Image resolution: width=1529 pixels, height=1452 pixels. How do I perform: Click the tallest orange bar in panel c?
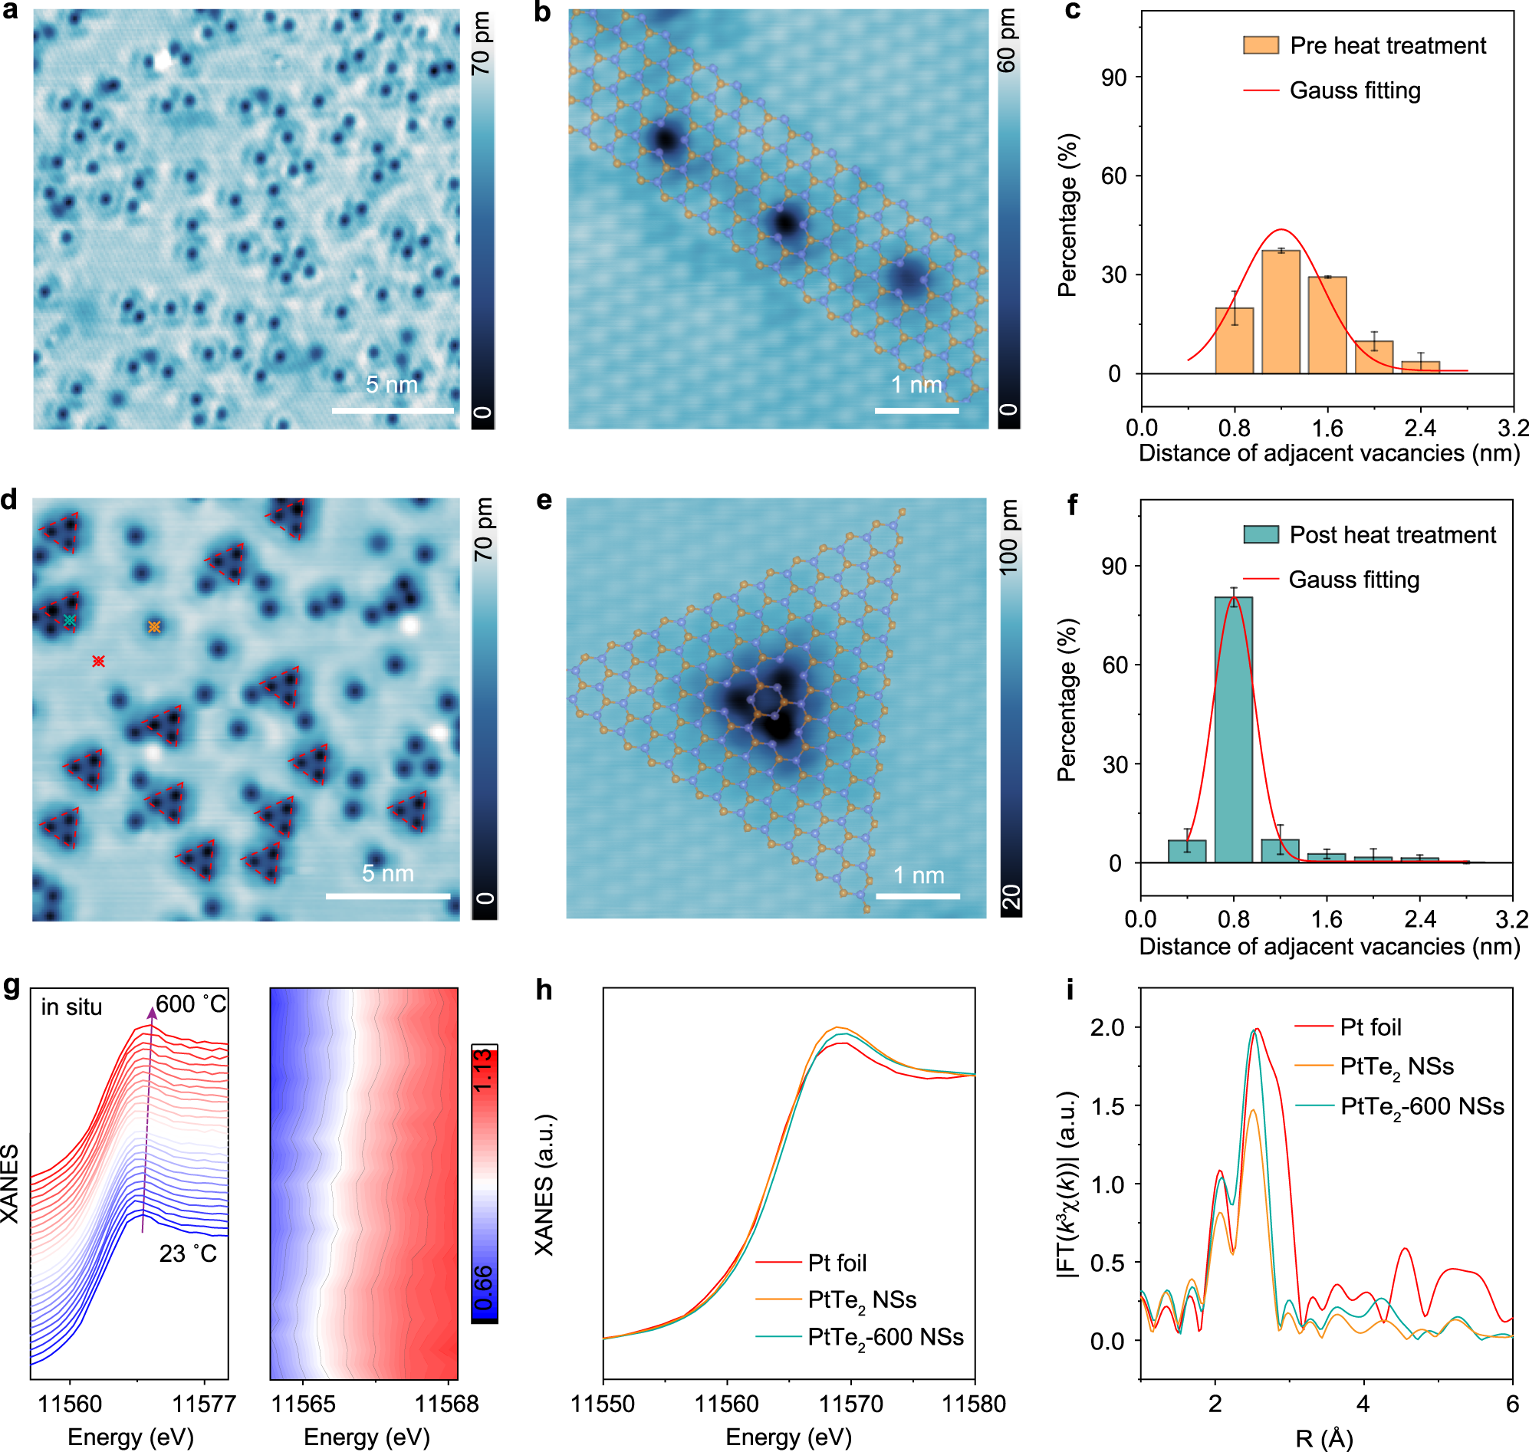1281,312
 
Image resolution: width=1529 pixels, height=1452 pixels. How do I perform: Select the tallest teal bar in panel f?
1233,729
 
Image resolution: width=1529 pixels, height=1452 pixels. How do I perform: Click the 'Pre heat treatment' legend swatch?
1261,45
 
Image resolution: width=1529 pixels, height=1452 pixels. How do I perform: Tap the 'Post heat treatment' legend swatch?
1261,534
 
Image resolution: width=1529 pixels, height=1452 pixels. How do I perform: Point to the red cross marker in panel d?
98,661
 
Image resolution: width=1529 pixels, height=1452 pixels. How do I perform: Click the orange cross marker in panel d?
154,627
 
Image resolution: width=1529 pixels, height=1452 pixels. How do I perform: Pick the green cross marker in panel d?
70,621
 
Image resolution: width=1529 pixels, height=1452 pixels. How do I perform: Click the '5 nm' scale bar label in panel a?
392,385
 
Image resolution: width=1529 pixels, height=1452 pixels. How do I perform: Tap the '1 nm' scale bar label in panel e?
918,875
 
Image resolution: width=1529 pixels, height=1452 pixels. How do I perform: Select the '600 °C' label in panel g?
191,1004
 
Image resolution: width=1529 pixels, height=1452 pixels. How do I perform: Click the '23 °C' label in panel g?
188,1253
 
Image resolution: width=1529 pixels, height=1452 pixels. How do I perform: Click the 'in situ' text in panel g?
71,1007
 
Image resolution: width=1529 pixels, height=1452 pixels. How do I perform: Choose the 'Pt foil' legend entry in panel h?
836,1263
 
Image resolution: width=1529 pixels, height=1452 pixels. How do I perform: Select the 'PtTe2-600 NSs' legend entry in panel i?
1422,1107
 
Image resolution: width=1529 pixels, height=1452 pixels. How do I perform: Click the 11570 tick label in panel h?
851,1404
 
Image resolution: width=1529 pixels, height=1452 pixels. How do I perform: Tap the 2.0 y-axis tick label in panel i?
1106,1027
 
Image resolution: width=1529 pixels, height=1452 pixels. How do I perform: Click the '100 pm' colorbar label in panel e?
1009,537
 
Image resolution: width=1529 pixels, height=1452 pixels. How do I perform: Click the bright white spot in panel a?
163,61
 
